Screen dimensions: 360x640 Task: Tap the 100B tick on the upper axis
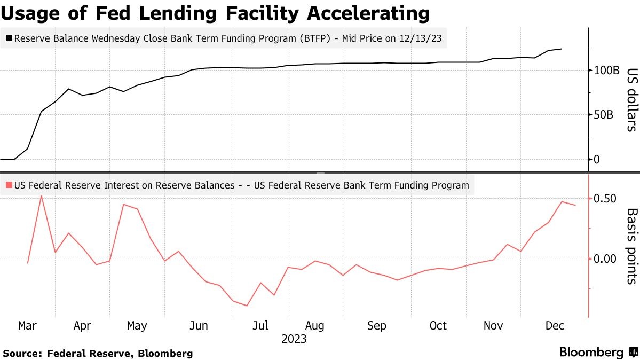[x=605, y=70]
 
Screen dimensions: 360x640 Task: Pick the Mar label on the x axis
[x=27, y=325]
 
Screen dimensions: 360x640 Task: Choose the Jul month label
[x=260, y=325]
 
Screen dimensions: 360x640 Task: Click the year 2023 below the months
[x=294, y=339]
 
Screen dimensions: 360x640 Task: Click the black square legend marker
[x=9, y=38]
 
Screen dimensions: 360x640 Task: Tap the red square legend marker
[x=9, y=186]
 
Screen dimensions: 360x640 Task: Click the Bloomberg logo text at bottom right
[x=591, y=353]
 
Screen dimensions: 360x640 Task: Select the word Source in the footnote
[x=21, y=354]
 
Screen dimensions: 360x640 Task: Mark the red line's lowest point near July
[x=247, y=306]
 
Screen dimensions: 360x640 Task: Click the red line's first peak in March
[x=41, y=196]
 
